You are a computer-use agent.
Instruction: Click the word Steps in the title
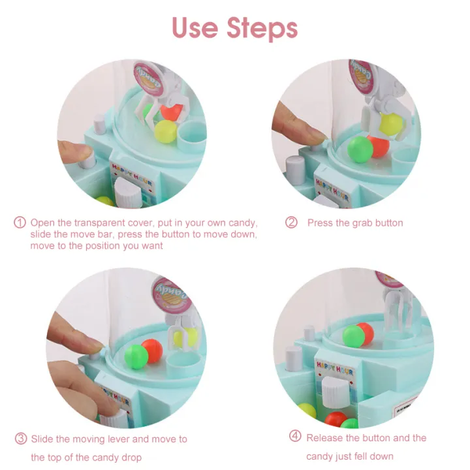click(262, 28)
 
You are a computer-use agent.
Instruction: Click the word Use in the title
click(195, 27)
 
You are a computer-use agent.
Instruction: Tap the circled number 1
click(20, 223)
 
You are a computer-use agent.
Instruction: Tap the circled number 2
click(291, 223)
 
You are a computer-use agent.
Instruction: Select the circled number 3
click(21, 439)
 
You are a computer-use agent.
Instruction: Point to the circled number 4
click(295, 436)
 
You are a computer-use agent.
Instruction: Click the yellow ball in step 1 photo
click(166, 131)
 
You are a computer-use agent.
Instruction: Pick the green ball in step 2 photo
click(360, 149)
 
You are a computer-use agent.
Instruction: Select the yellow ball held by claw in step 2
click(390, 124)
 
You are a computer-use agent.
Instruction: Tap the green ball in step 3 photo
click(136, 356)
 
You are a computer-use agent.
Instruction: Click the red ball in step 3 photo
click(153, 350)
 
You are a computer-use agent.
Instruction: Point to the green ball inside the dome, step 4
click(354, 336)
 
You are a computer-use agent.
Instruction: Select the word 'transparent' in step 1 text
click(99, 223)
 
